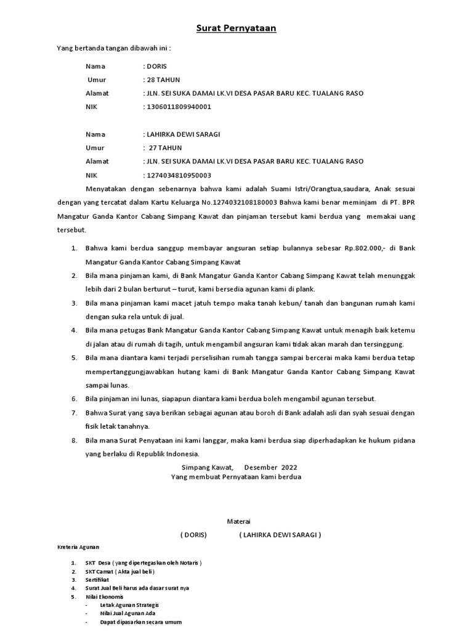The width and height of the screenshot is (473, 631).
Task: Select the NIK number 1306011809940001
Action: (178, 107)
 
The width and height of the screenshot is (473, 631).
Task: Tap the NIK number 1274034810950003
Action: (178, 174)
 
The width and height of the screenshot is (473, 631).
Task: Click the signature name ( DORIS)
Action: (193, 534)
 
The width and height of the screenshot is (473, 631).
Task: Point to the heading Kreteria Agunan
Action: (78, 547)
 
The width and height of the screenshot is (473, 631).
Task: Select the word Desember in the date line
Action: (261, 468)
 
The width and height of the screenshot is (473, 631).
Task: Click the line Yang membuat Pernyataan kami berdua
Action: (236, 477)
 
